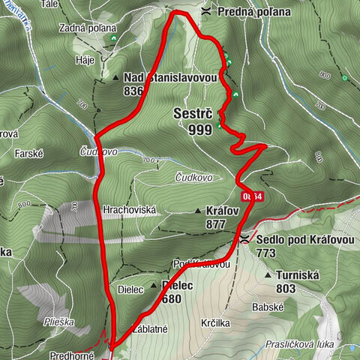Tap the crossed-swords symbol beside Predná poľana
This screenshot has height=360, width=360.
[x=206, y=12]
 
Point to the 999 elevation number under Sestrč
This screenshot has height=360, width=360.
[x=199, y=128]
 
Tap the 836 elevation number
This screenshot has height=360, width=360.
[x=134, y=91]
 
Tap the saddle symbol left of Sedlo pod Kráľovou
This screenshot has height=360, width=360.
[x=246, y=240]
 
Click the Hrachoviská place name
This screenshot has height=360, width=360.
[x=130, y=211]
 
